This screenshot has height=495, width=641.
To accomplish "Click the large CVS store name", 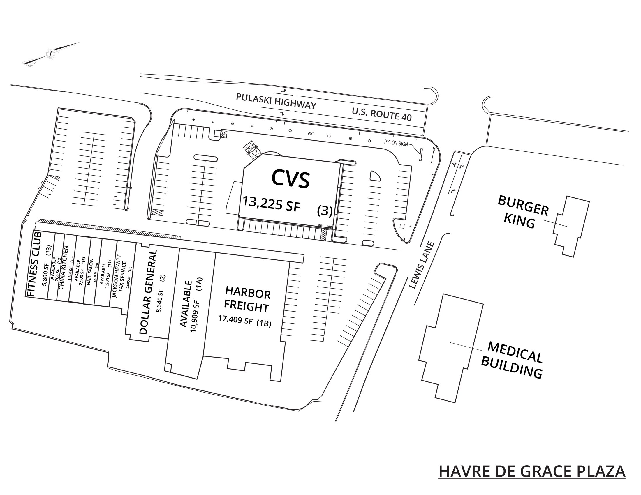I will [290, 178].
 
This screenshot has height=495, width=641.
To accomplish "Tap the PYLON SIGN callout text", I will [396, 143].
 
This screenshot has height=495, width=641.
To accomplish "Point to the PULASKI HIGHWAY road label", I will [276, 101].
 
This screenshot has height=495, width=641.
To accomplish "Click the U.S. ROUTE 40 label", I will [382, 115].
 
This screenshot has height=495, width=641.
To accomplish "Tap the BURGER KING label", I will [522, 212].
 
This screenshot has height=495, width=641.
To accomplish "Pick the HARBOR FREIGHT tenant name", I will [247, 299].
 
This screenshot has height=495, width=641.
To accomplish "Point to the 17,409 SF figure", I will [235, 319].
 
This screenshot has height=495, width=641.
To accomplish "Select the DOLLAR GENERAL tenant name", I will [148, 292].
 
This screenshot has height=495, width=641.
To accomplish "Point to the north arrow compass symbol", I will [50, 54].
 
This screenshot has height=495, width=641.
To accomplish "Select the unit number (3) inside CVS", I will [325, 211].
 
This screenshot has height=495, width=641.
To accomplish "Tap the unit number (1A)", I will [199, 284].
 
